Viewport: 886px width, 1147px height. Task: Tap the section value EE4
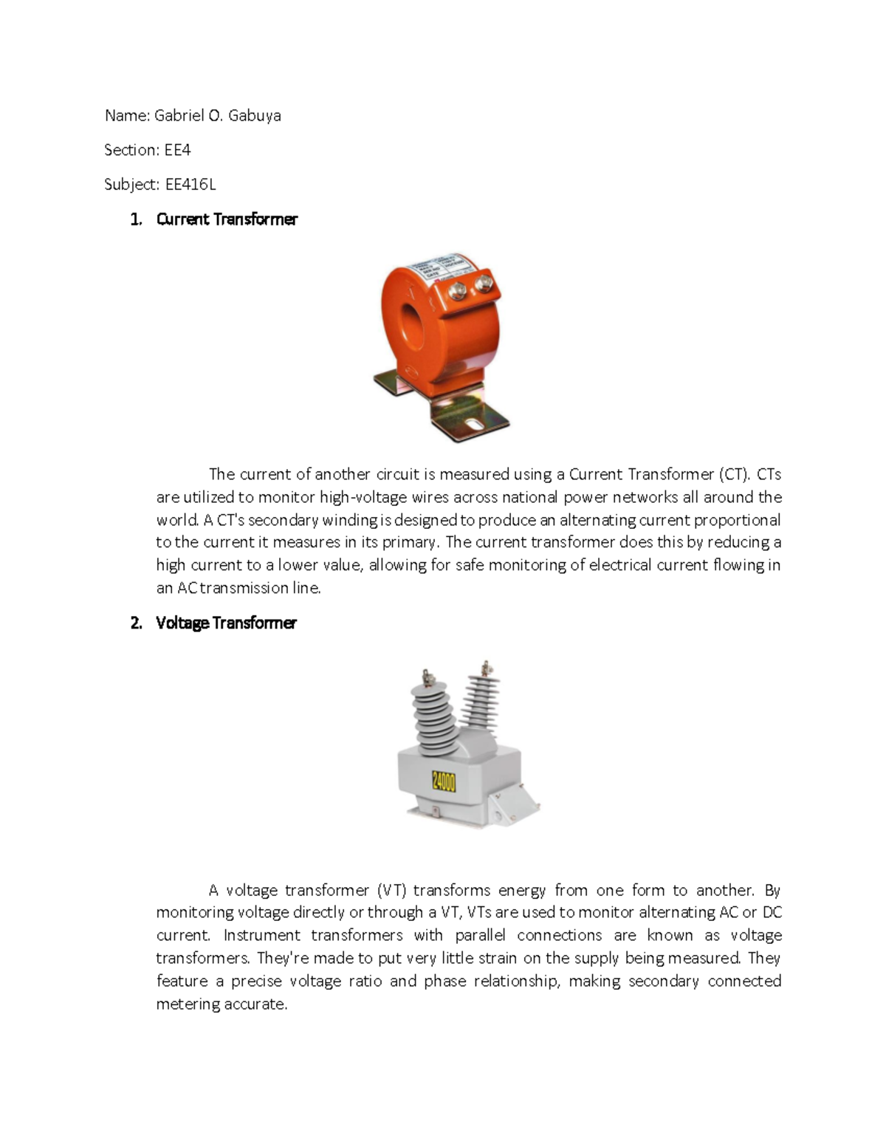pos(177,150)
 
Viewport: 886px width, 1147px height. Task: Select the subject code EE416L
pos(190,185)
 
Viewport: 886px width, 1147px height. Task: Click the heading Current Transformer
pos(227,219)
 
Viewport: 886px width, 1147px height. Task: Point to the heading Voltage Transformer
pos(226,623)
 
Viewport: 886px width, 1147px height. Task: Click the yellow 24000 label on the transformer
pos(444,781)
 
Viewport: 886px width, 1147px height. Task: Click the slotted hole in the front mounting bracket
pos(470,425)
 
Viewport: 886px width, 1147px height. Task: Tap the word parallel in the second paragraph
pos(480,936)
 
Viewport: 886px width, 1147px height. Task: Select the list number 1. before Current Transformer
pos(136,219)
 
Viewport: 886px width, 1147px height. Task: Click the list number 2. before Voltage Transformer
pos(136,623)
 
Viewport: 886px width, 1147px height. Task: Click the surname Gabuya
pos(254,115)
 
